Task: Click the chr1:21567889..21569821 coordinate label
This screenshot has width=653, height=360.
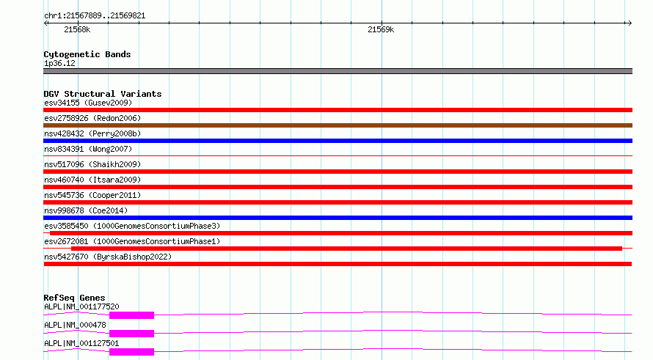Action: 95,16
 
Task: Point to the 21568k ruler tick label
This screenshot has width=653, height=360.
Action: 77,29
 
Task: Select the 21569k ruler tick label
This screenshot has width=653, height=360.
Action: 381,29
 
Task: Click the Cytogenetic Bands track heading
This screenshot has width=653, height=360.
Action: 87,54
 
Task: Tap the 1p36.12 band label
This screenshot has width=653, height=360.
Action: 59,63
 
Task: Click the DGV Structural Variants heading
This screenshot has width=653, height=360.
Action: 103,94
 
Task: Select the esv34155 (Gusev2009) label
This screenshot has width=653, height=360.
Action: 88,103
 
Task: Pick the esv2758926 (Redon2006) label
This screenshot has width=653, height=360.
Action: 92,118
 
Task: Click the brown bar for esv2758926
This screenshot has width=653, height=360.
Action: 338,125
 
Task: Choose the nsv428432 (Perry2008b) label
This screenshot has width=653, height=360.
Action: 92,133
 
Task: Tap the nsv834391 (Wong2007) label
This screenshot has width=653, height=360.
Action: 88,149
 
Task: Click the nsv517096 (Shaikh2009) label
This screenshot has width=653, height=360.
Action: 92,164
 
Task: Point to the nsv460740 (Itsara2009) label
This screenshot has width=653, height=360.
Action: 92,180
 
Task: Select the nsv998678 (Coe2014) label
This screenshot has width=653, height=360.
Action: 86,210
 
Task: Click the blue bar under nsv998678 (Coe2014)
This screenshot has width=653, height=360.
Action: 338,218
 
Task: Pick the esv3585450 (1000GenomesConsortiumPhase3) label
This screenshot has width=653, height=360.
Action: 132,226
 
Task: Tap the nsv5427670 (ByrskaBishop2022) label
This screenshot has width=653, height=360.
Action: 108,257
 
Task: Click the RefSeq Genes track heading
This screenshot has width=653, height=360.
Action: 74,298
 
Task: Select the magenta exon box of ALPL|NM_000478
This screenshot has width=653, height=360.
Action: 131,334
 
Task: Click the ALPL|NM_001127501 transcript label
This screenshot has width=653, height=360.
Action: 81,343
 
